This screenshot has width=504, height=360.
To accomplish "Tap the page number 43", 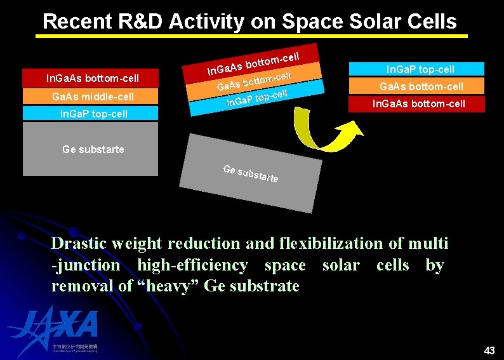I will pos(489,350).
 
